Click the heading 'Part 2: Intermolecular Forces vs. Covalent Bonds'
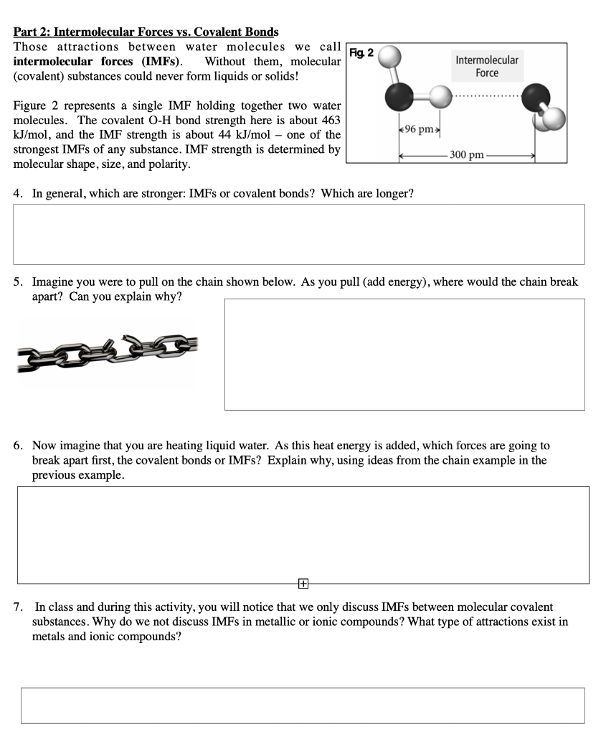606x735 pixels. pyautogui.click(x=146, y=32)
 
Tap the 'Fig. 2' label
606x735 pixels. pyautogui.click(x=360, y=52)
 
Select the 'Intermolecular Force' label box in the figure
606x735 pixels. pyautogui.click(x=486, y=66)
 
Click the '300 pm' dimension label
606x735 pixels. pyautogui.click(x=467, y=154)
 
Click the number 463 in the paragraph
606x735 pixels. pyautogui.click(x=329, y=120)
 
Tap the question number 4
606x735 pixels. pyautogui.click(x=18, y=194)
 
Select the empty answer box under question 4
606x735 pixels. pyautogui.click(x=298, y=234)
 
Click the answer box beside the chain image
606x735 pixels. pyautogui.click(x=404, y=354)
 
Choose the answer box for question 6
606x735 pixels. pyautogui.click(x=303, y=534)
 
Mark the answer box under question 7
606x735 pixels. pyautogui.click(x=303, y=705)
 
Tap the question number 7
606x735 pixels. pyautogui.click(x=18, y=607)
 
